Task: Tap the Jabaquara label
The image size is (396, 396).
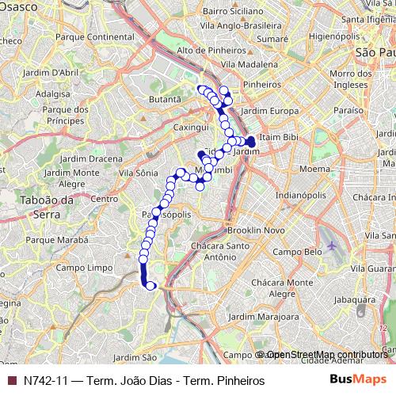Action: (x=355, y=300)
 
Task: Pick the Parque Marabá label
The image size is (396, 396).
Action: (x=55, y=238)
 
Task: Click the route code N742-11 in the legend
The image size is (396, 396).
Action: (x=45, y=379)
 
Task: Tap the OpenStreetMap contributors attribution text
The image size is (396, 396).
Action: (x=326, y=355)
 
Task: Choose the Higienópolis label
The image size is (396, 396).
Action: (x=334, y=36)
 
